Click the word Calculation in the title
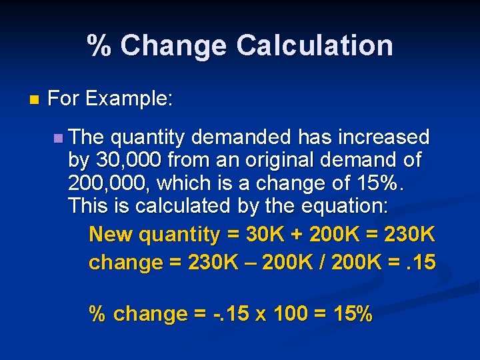click(x=314, y=45)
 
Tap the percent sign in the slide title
click(x=99, y=45)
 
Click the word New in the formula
click(x=106, y=235)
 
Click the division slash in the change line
click(x=319, y=263)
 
